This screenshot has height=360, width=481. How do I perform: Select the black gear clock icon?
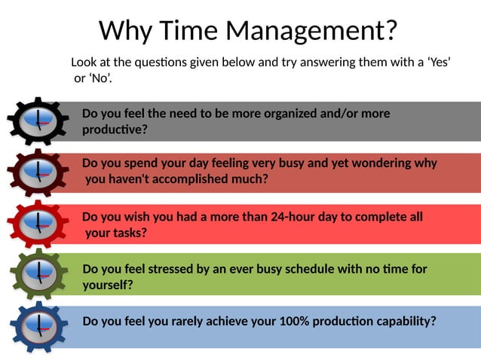tap(37, 121)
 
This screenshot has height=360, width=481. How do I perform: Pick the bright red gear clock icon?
tap(37, 224)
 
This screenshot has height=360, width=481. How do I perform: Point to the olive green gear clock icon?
tap(37, 273)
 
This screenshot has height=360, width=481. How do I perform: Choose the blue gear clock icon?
tap(37, 326)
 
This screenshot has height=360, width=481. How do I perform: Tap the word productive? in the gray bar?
tap(115, 130)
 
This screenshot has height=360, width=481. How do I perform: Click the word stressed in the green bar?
tap(176, 269)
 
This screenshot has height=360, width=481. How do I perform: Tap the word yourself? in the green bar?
tap(108, 285)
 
